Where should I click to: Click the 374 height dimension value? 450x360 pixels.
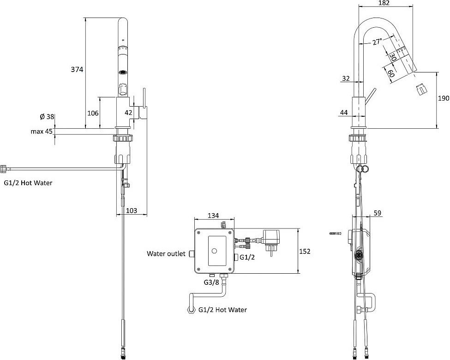click(77, 69)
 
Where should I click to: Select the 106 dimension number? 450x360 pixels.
click(93, 113)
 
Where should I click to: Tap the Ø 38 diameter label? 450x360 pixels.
click(47, 117)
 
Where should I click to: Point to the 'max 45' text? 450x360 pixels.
click(42, 132)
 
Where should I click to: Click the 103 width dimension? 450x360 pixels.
click(132, 210)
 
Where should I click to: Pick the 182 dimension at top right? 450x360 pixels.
click(384, 3)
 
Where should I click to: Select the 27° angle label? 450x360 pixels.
click(377, 42)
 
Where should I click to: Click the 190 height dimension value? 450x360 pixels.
click(444, 98)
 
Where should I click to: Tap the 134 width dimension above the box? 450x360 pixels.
click(213, 216)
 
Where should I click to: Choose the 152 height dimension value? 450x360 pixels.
click(305, 252)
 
